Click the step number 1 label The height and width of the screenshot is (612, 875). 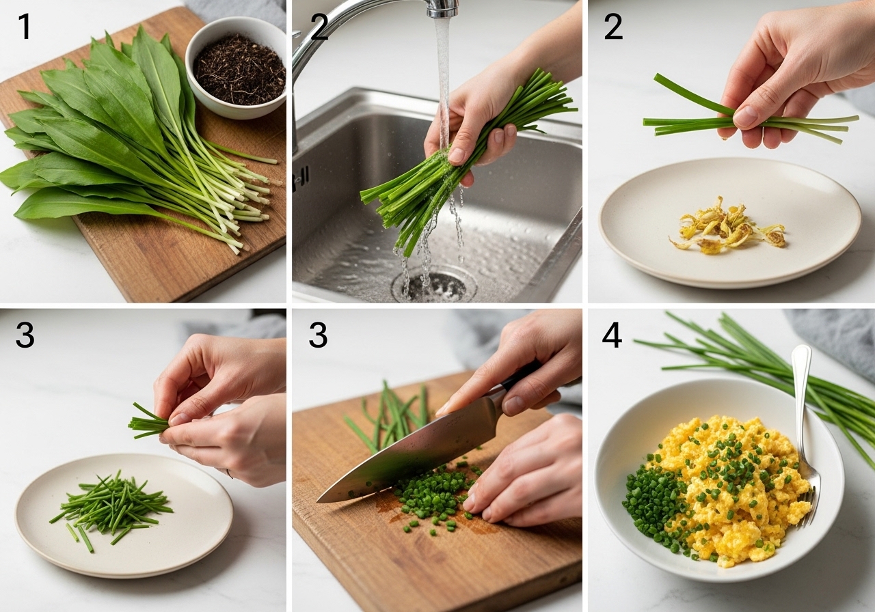[x=25, y=27]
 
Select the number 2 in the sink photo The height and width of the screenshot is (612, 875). [x=319, y=27]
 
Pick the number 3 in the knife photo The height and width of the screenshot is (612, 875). [x=318, y=335]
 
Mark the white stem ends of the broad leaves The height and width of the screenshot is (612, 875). [x=242, y=203]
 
